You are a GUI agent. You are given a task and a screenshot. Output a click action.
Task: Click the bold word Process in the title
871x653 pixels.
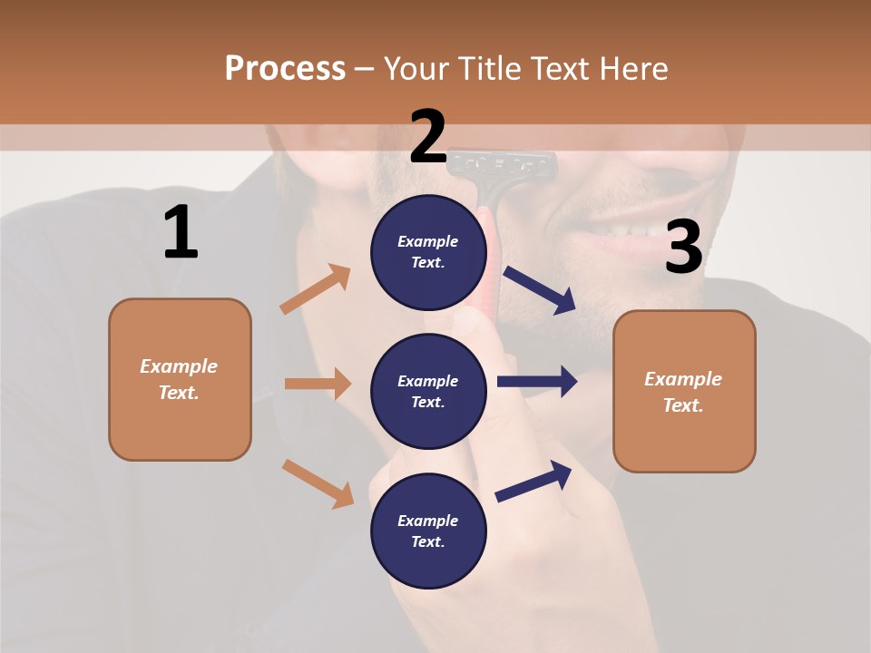click(285, 69)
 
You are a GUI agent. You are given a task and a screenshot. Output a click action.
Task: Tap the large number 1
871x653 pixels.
click(181, 232)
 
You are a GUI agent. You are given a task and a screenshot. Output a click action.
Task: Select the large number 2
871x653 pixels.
click(428, 136)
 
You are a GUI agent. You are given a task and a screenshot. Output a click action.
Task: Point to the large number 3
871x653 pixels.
click(683, 248)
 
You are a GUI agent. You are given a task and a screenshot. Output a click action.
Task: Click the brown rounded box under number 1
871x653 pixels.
click(180, 379)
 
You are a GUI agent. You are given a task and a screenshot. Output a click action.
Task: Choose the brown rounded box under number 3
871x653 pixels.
click(684, 391)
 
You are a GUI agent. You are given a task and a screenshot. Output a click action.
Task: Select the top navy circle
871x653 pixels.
click(428, 252)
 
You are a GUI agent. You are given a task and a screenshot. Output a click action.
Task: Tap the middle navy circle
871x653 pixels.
click(428, 391)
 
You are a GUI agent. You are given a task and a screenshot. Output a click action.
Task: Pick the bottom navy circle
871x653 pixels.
click(428, 531)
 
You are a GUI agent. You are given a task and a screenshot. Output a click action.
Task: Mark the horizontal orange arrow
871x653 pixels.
click(318, 384)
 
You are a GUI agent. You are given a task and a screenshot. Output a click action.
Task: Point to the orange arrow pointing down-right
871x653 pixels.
click(318, 483)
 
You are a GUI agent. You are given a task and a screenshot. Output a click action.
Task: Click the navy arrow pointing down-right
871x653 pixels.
click(540, 290)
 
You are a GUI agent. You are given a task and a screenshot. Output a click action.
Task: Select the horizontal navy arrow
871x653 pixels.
click(536, 382)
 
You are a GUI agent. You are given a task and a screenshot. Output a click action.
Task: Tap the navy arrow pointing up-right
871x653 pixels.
click(533, 481)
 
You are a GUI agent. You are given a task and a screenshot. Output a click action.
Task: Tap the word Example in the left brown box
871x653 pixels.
click(179, 366)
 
